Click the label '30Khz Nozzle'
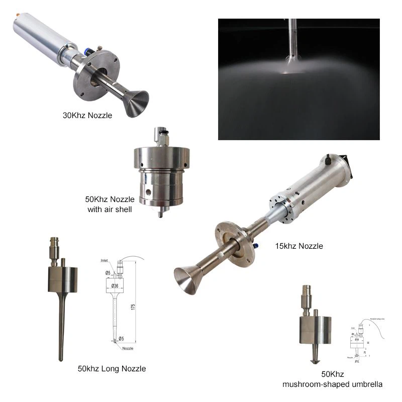tap(87, 116)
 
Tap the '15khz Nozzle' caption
tap(299, 246)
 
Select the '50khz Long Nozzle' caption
tap(112, 368)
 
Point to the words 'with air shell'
tap(110, 209)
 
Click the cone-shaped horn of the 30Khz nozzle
tap(135, 104)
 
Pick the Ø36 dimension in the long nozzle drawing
tap(115, 286)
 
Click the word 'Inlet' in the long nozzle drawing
tap(104, 261)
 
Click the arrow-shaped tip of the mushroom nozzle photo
tap(315, 360)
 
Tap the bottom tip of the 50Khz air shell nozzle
tap(160, 214)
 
